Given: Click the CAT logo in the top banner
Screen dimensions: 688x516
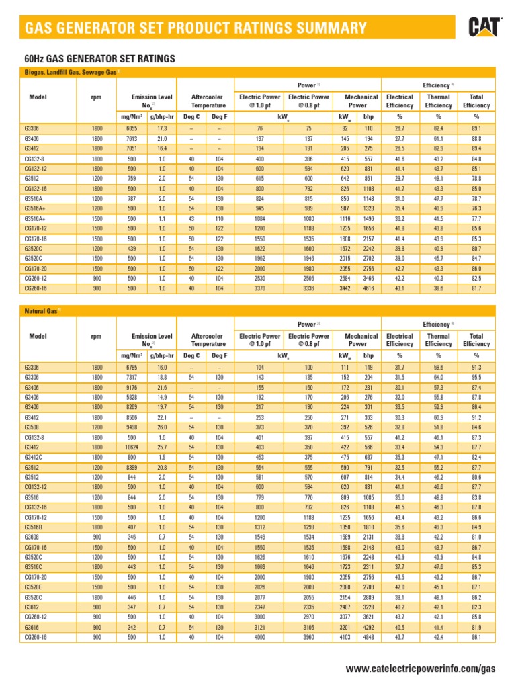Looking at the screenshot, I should point(484,27).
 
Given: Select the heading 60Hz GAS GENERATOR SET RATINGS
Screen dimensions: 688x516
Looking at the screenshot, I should point(99,59).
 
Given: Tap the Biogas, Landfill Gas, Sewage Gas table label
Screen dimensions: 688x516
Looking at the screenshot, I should point(68,72).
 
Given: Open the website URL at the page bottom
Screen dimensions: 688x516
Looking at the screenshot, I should point(420,669).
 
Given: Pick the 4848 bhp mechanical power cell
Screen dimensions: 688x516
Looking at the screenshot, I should point(369,635).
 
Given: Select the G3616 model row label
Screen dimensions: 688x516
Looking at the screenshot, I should point(32,626).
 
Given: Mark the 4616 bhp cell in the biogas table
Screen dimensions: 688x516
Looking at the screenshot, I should point(369,288).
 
